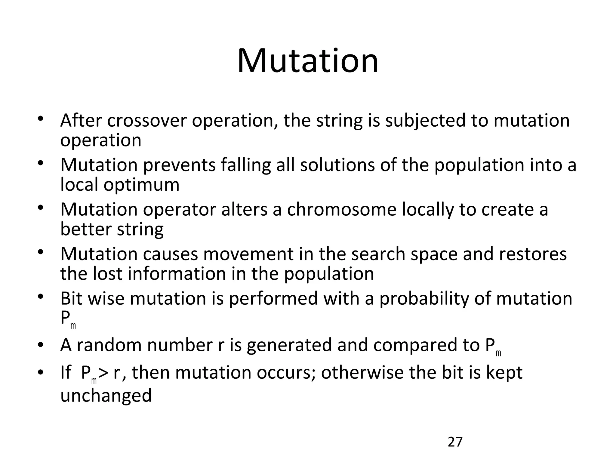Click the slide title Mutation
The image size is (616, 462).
(307, 61)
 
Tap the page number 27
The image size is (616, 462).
(455, 442)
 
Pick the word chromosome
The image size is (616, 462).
(342, 209)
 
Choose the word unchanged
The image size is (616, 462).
(106, 395)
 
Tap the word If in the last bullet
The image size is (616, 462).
(66, 372)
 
